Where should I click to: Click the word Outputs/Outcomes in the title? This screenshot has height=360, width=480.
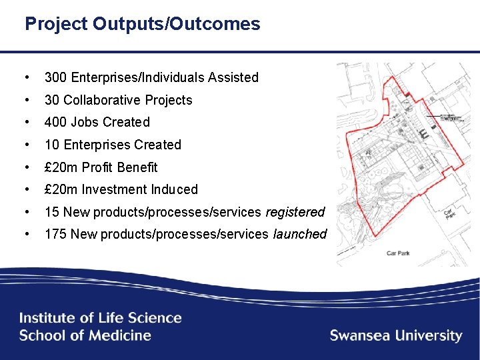177,25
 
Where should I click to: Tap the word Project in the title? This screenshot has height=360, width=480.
56,25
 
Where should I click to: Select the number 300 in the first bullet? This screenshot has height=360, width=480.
55,77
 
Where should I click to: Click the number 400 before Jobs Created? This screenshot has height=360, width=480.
55,122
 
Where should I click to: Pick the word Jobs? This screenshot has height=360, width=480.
84,122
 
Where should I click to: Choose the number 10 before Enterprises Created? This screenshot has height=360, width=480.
51,145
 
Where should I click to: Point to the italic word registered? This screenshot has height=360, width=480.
295,212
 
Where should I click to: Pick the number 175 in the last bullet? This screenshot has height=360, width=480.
55,234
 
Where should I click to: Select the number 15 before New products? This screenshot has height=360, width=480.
51,212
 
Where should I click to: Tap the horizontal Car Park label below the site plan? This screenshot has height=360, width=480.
398,253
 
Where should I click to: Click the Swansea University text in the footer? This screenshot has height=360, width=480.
396,335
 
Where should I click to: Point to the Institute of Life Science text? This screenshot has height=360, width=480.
101,318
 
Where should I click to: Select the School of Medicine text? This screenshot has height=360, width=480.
85,335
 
